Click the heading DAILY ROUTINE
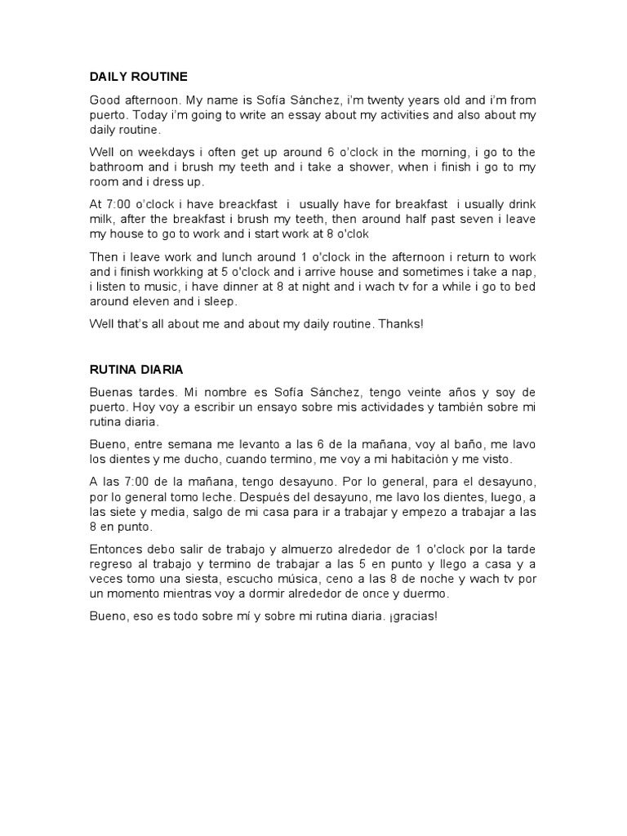[138, 77]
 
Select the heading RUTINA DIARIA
[136, 369]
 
